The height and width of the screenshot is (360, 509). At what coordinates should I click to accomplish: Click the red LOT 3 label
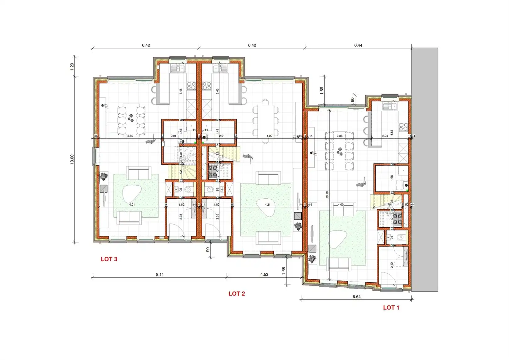[x=109, y=259]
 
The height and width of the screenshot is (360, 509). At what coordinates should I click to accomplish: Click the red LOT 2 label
[x=237, y=294]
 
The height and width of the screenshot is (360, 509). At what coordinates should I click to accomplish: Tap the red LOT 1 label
[x=391, y=307]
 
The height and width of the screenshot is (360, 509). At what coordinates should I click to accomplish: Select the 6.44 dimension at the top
[x=358, y=45]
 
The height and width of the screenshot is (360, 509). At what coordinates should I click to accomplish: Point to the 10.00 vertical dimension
[x=72, y=159]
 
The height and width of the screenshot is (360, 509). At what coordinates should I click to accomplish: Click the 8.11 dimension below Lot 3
[x=160, y=274]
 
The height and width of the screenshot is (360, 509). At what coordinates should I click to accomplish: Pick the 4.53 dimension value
[x=264, y=274]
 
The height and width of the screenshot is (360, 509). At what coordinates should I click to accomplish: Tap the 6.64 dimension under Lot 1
[x=356, y=296]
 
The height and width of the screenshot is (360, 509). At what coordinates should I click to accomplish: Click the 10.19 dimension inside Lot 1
[x=327, y=195]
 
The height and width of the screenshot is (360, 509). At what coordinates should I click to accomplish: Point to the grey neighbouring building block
[x=424, y=170]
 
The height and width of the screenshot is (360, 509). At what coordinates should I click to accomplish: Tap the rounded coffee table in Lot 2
[x=267, y=208]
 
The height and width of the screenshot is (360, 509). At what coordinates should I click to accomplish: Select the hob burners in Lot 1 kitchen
[x=403, y=127]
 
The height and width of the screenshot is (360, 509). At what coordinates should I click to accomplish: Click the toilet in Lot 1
[x=401, y=237]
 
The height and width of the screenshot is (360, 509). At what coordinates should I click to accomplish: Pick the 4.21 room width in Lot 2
[x=267, y=205]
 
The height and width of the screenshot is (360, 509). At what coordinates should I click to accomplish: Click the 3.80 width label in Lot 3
[x=130, y=136]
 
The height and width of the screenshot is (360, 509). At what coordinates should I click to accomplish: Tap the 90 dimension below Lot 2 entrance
[x=208, y=249]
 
